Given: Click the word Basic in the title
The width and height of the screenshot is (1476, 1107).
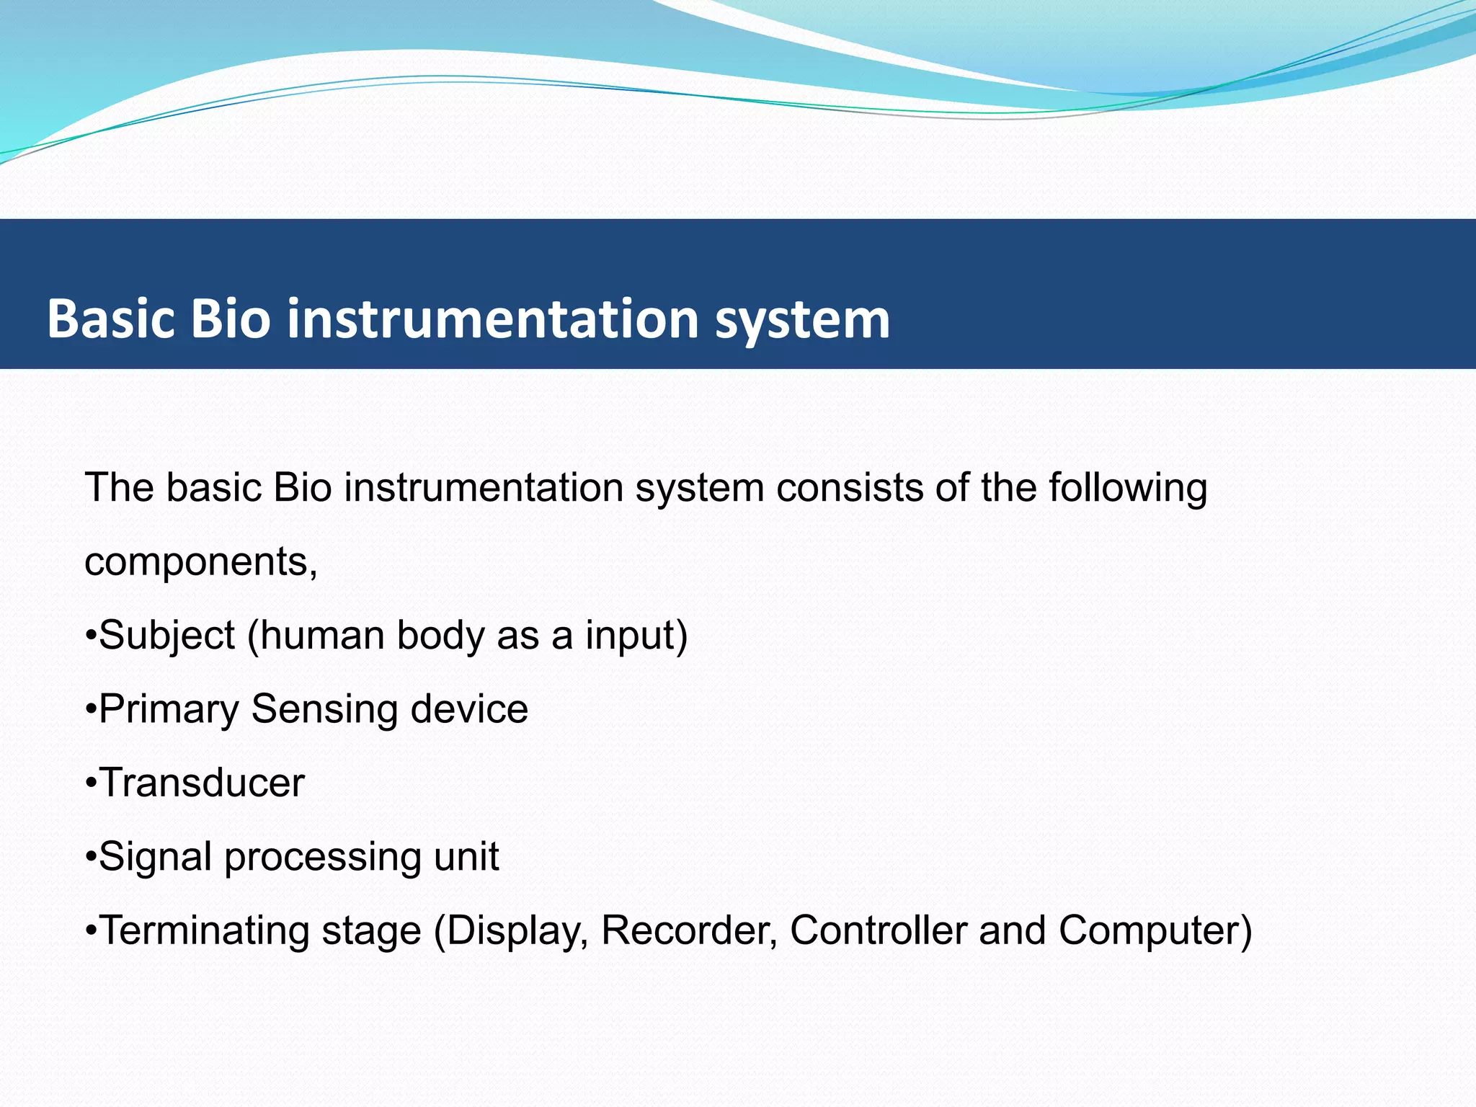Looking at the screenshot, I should coord(111,319).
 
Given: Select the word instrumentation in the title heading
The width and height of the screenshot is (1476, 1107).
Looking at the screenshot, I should coord(493,319).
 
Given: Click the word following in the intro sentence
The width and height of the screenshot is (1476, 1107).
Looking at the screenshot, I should coord(1127,489).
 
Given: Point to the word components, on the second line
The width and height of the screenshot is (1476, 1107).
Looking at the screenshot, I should coord(201,563).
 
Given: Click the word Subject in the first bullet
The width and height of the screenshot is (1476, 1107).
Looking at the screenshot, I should coord(166,636).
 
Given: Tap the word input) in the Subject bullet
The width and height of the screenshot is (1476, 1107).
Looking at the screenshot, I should coord(636,636).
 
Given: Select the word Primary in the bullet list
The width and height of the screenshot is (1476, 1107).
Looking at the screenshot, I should coord(169,710).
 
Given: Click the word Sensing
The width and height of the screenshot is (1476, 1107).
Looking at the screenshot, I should coord(324,710).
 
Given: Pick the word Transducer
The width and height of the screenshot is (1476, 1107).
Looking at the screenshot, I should coord(201,783).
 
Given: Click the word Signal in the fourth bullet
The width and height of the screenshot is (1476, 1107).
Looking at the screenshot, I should coord(156,857).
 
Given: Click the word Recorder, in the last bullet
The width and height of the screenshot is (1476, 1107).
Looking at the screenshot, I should coord(689,930).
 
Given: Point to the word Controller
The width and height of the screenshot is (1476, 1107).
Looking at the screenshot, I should coord(878,930).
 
